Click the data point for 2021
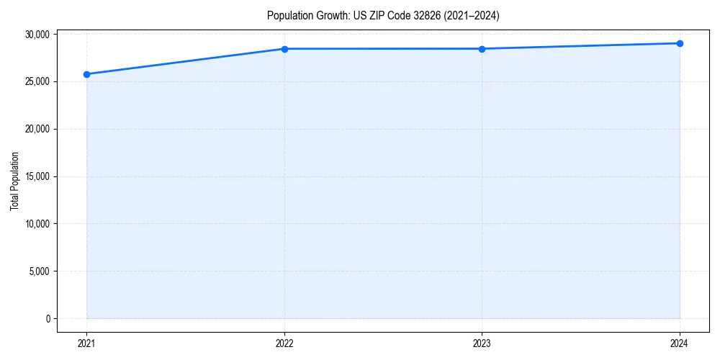click(x=86, y=74)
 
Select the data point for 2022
click(x=284, y=49)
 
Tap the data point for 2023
click(x=482, y=49)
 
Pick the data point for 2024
click(x=680, y=43)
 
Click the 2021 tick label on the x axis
click(x=86, y=343)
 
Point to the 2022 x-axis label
click(x=284, y=343)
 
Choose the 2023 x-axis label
click(x=482, y=343)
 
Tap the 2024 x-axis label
click(x=680, y=343)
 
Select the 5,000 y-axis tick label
click(x=38, y=271)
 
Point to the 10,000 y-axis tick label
click(x=36, y=224)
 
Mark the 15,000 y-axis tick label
click(x=36, y=176)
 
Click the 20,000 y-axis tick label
click(x=36, y=129)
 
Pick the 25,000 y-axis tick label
click(x=36, y=81)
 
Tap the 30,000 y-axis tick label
click(x=36, y=34)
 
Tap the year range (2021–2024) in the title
click(x=473, y=15)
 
